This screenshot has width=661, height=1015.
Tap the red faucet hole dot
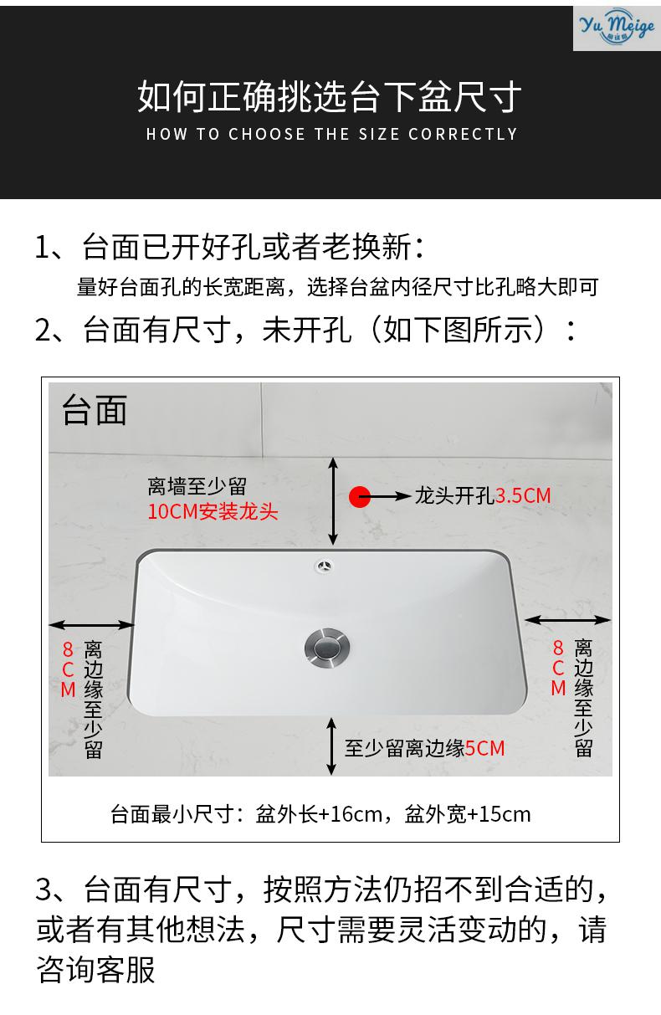pyautogui.click(x=359, y=496)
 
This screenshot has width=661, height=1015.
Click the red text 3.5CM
pyautogui.click(x=523, y=495)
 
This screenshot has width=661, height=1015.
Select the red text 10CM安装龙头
pyautogui.click(x=213, y=512)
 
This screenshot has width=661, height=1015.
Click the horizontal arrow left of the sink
pyautogui.click(x=92, y=624)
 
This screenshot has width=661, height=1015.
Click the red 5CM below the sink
pyautogui.click(x=485, y=748)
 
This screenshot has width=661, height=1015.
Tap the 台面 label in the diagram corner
pyautogui.click(x=94, y=411)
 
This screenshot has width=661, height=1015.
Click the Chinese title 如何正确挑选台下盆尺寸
pyautogui.click(x=330, y=97)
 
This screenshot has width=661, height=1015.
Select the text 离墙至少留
pyautogui.click(x=197, y=487)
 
